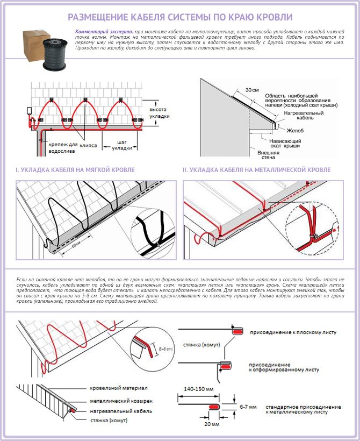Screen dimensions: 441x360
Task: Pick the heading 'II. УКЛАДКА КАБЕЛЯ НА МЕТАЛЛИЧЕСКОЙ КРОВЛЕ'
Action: (256, 170)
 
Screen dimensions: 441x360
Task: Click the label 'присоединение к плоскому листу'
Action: (293, 332)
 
